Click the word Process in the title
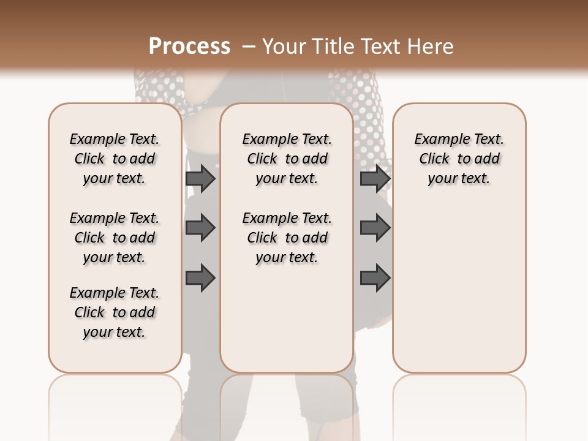coord(189,47)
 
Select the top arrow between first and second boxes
coord(200,178)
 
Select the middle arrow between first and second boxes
coord(200,228)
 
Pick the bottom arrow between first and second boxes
coord(200,277)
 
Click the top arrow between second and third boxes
coord(375,178)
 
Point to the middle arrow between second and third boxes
coord(375,228)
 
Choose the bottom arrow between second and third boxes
coord(375,277)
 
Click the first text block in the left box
coord(115,159)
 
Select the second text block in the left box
coord(115,238)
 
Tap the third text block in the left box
coord(115,312)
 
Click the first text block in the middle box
coord(287,159)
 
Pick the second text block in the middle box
coord(287,238)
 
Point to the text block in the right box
coord(459,159)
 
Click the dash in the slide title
coord(249,47)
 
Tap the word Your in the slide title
coord(285,47)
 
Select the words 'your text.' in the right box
coord(459,179)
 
